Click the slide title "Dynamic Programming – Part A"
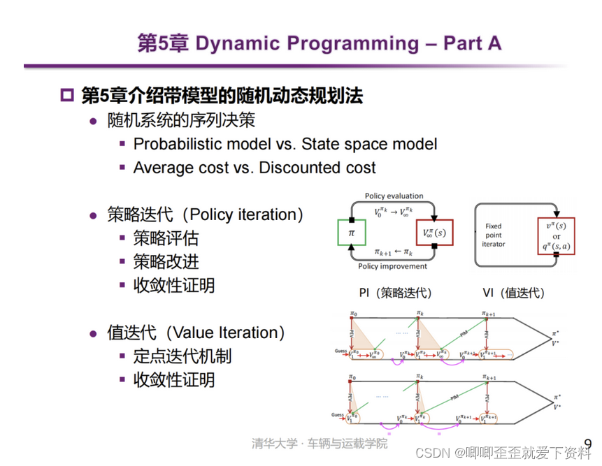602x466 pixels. pos(348,43)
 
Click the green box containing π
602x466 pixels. pos(351,231)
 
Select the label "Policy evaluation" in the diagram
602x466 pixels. pos(394,196)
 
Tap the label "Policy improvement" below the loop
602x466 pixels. pos(393,267)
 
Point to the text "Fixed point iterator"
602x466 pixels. pos(494,235)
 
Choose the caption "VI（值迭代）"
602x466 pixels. pos(514,293)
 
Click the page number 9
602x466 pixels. pos(587,444)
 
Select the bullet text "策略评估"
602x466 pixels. pos(166,239)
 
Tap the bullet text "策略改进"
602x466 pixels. pos(166,262)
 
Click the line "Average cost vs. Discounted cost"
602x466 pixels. pos(255,168)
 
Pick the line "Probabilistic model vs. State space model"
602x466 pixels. pos(285,144)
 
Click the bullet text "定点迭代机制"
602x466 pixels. pos(182,356)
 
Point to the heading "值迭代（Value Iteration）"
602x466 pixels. pos(196,333)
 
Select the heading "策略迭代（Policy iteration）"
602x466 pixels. pos(205,214)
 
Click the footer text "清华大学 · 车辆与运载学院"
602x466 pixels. pos(320,444)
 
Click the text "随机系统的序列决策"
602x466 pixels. pos(181,120)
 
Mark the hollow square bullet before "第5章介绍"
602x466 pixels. pos(67,96)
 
